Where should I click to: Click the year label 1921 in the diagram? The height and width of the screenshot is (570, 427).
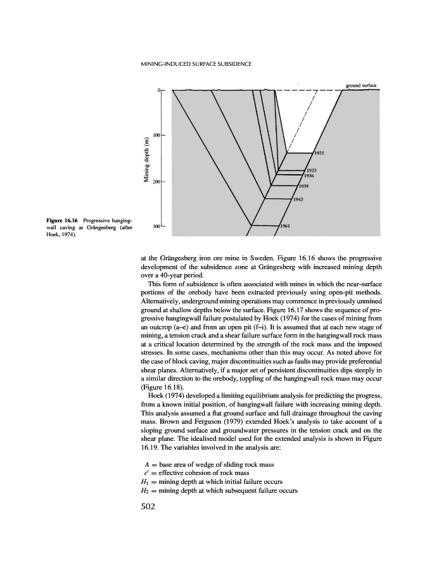[320, 153]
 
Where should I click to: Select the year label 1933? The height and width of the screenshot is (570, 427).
[312, 170]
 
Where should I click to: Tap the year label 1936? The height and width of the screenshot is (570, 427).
[309, 175]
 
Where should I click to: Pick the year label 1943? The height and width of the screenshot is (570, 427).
[299, 200]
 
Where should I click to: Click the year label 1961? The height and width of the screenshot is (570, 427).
[286, 225]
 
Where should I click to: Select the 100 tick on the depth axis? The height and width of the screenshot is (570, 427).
[157, 136]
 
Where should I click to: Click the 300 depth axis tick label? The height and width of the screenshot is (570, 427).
[157, 225]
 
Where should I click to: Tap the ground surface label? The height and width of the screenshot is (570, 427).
[361, 85]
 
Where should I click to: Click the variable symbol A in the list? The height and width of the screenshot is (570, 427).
[148, 464]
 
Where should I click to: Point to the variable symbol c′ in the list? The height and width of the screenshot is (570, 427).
[148, 472]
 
